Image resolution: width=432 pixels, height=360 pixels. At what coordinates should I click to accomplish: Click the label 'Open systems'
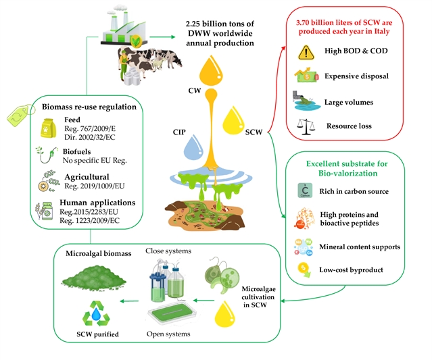click(x=167, y=334)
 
